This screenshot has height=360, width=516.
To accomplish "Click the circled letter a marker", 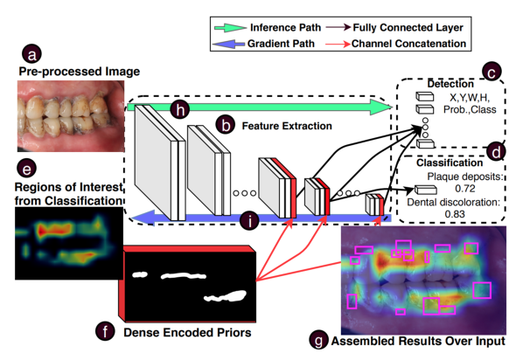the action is pyautogui.click(x=31, y=53).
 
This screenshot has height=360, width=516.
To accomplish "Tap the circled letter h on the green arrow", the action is pyautogui.click(x=180, y=109).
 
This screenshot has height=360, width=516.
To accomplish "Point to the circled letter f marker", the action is pyautogui.click(x=105, y=331).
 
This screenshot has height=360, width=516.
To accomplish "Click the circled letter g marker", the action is pyautogui.click(x=319, y=340).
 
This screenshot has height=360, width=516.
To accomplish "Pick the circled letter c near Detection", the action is pyautogui.click(x=492, y=72).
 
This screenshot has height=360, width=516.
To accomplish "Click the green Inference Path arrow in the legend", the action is pyautogui.click(x=230, y=28).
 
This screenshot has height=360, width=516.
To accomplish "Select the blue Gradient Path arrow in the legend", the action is pyautogui.click(x=228, y=44).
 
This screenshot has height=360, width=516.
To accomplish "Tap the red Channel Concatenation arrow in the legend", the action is pyautogui.click(x=338, y=44).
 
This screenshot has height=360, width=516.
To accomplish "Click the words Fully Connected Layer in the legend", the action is pyautogui.click(x=408, y=28).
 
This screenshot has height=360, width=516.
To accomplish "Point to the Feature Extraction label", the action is pyautogui.click(x=287, y=126).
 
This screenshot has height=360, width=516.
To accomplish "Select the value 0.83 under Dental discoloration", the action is pyautogui.click(x=455, y=214).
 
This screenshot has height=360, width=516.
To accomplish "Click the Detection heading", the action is pyautogui.click(x=450, y=84).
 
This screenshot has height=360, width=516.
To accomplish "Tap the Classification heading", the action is pyautogui.click(x=450, y=163).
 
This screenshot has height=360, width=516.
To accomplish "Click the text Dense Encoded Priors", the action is pyautogui.click(x=187, y=332).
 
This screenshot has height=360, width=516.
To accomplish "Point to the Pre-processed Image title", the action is pyautogui.click(x=80, y=72).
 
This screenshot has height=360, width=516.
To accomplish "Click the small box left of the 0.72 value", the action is pyautogui.click(x=426, y=190).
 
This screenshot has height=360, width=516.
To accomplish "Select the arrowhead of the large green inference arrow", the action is pyautogui.click(x=381, y=107).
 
